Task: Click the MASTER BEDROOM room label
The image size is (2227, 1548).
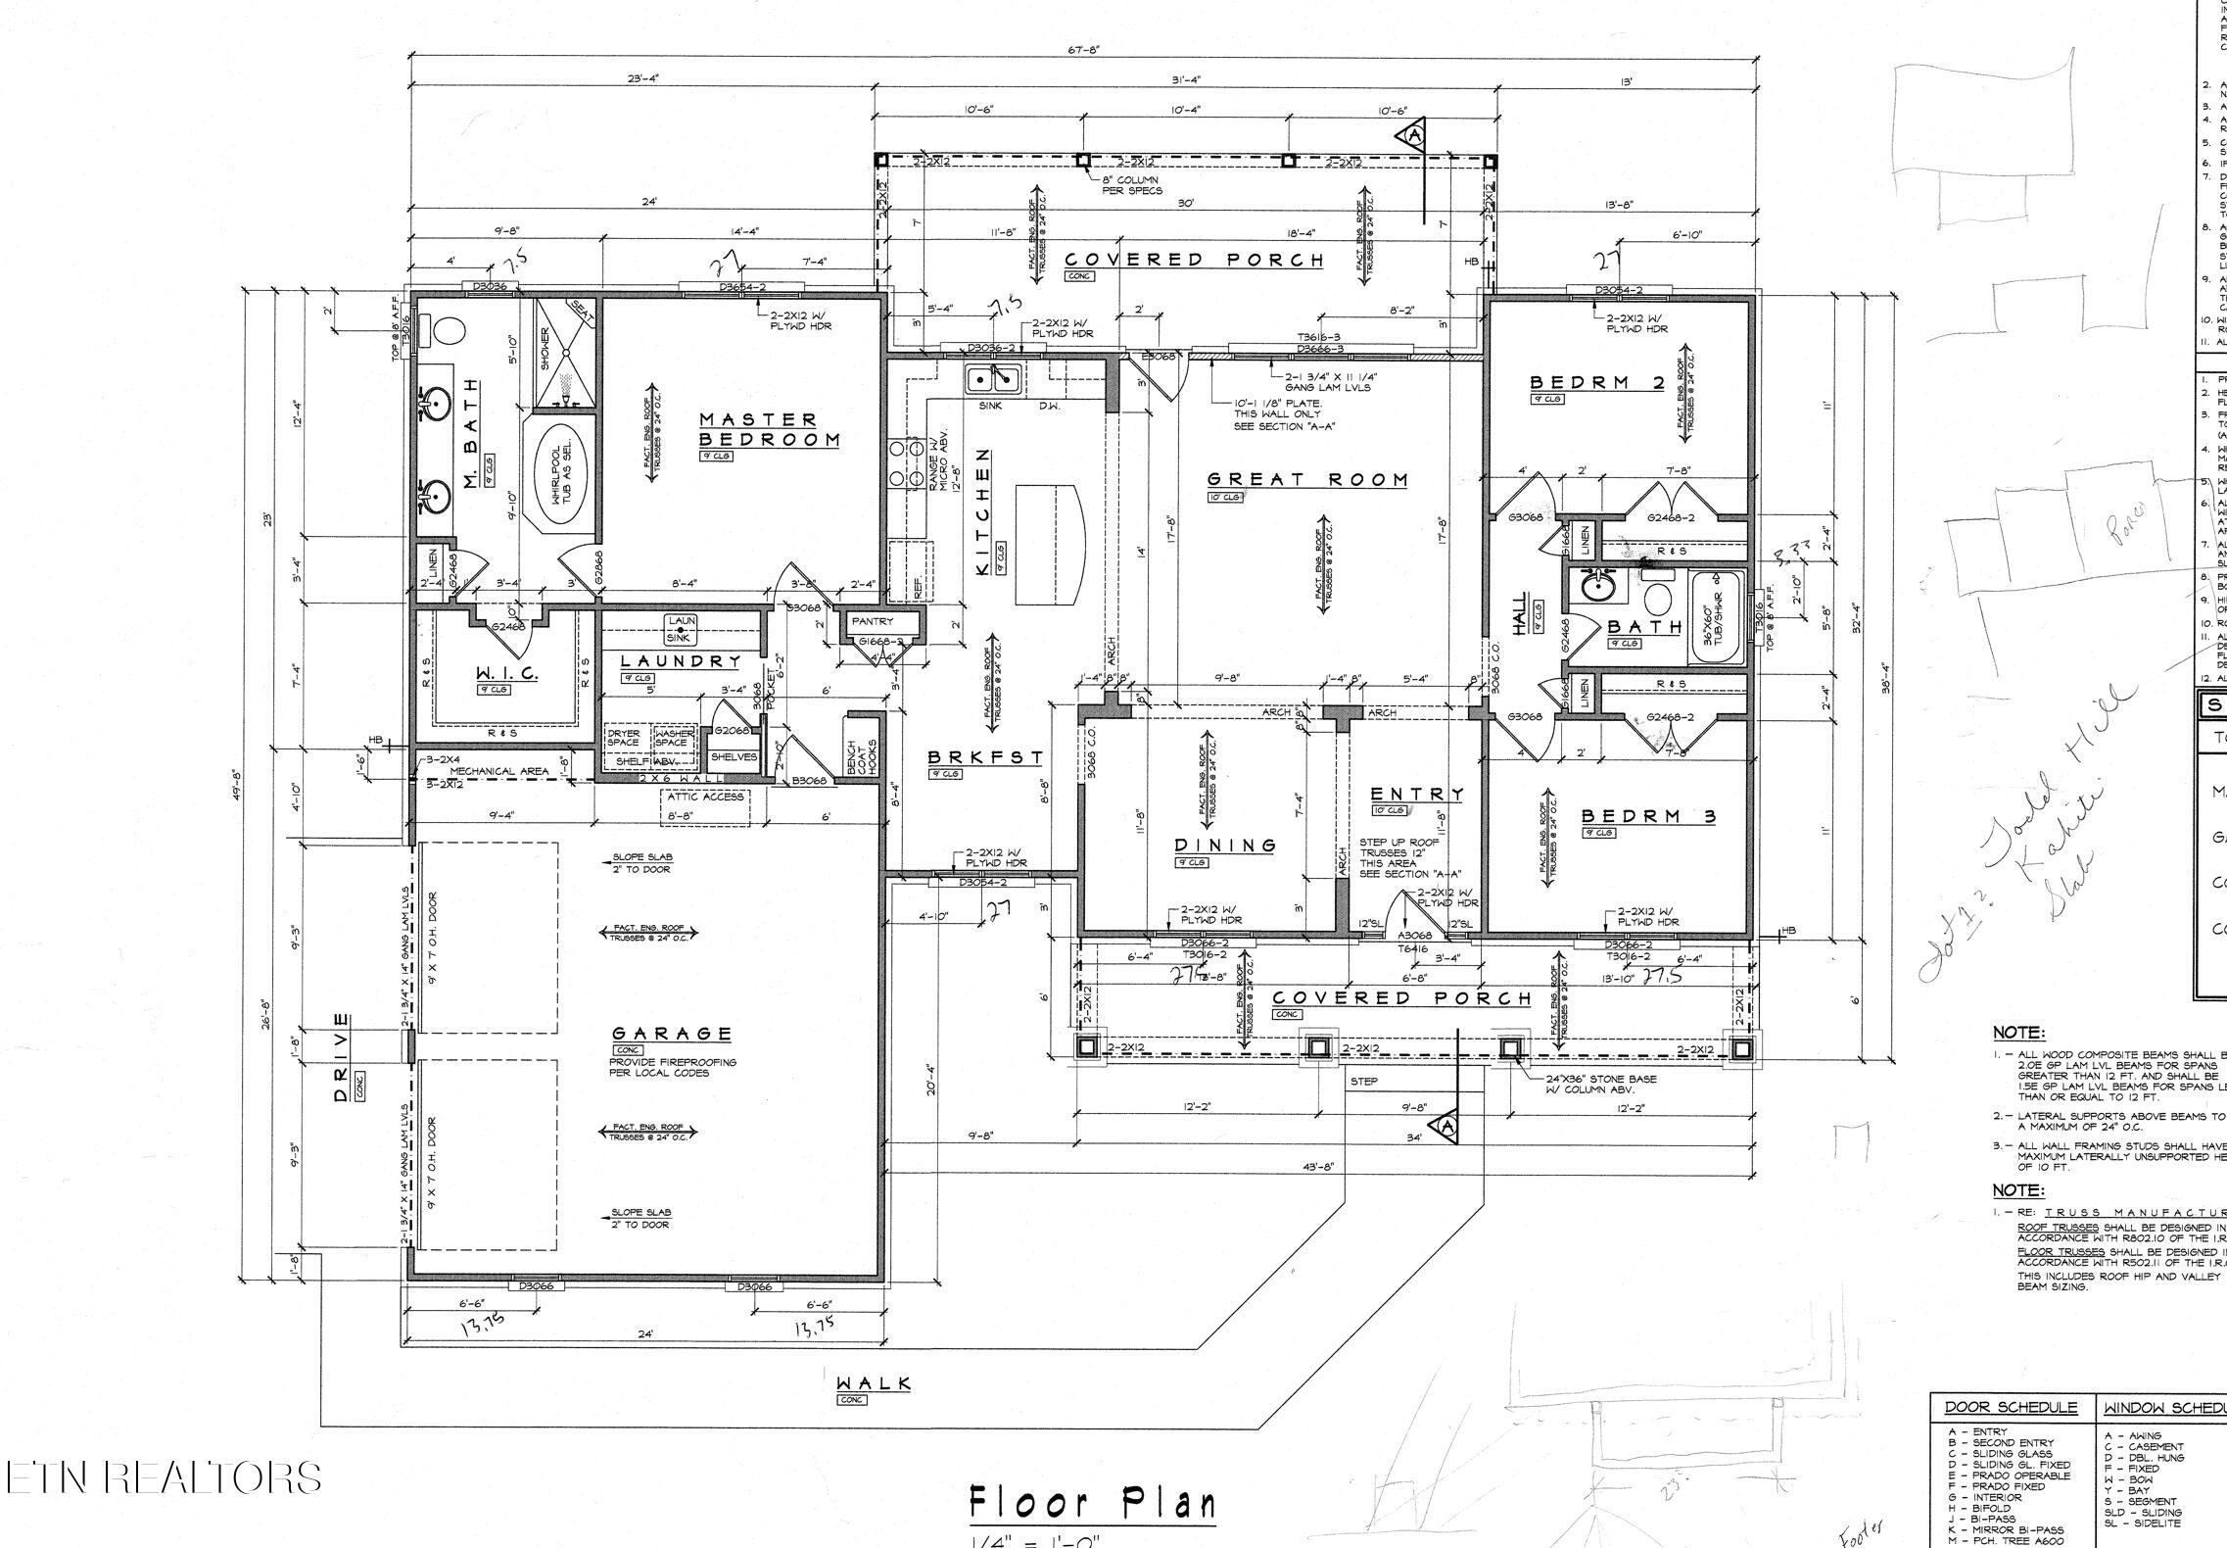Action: click(x=769, y=429)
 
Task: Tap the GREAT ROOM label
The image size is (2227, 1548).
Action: click(x=1306, y=480)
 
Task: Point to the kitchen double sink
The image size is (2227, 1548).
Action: click(x=994, y=378)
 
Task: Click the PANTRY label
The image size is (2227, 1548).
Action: click(x=873, y=621)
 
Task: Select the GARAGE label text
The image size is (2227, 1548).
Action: click(x=672, y=1034)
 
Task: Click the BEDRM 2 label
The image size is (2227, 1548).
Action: click(x=1597, y=383)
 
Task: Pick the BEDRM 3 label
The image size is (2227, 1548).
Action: click(x=1648, y=815)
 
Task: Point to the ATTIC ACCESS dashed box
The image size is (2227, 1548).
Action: click(x=707, y=798)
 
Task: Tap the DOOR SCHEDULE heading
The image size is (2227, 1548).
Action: click(x=2010, y=1409)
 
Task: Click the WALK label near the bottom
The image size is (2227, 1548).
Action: click(x=873, y=1383)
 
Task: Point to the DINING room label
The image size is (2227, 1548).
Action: click(x=1225, y=845)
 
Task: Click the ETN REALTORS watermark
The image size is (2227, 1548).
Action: click(x=164, y=1477)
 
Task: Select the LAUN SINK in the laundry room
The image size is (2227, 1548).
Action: click(x=682, y=629)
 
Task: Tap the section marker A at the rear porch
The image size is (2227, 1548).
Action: click(x=1414, y=135)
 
